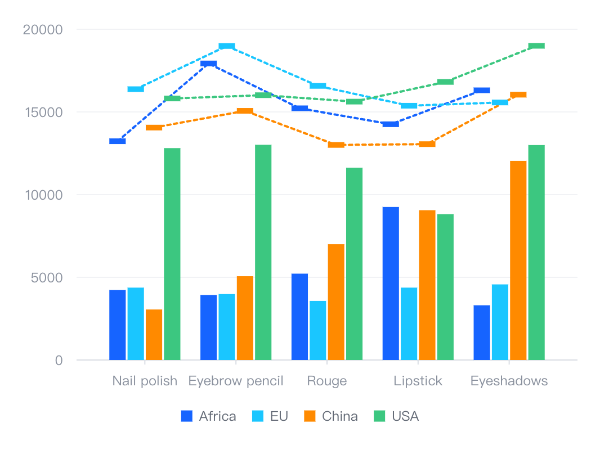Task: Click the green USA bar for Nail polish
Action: click(172, 254)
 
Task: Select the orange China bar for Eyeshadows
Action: click(518, 260)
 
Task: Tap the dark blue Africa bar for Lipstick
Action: click(391, 283)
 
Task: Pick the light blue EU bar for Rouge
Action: click(318, 330)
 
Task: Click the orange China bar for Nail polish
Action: click(154, 334)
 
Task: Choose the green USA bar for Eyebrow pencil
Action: click(263, 252)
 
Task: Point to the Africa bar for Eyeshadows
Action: click(482, 332)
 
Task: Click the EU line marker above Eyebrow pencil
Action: click(227, 46)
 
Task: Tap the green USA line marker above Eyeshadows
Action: click(536, 46)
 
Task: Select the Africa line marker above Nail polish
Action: click(118, 141)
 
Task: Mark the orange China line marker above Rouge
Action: click(336, 145)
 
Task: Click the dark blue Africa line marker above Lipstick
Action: click(391, 124)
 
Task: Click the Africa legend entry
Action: click(209, 416)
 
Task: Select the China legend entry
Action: click(331, 416)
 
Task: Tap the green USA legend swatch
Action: click(380, 416)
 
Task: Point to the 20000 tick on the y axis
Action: click(42, 29)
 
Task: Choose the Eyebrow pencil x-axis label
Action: click(236, 381)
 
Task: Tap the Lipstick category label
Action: click(418, 381)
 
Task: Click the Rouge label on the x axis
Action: click(326, 381)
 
